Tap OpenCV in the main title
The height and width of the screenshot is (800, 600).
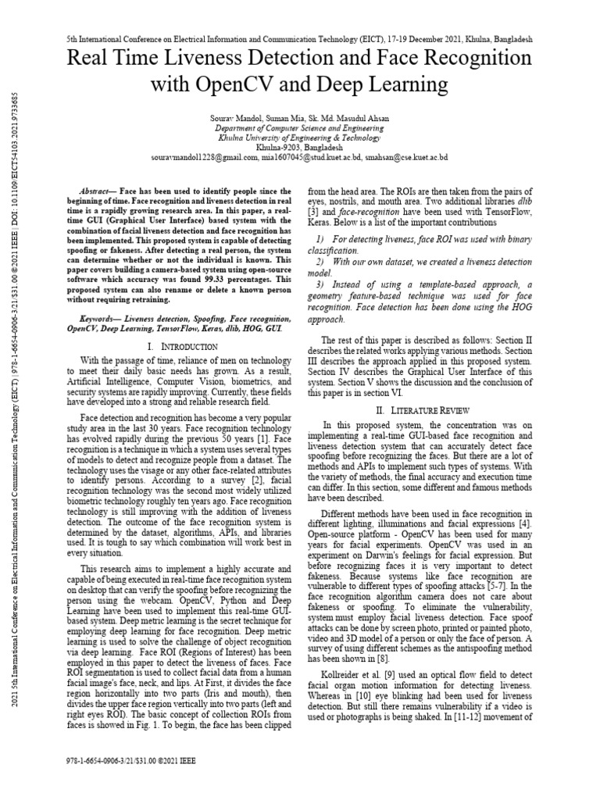tap(250, 84)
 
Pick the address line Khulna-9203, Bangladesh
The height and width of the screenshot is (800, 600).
tap(299, 147)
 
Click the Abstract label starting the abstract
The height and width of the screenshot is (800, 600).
tap(100, 191)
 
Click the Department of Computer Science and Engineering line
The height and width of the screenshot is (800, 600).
tap(299, 127)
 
